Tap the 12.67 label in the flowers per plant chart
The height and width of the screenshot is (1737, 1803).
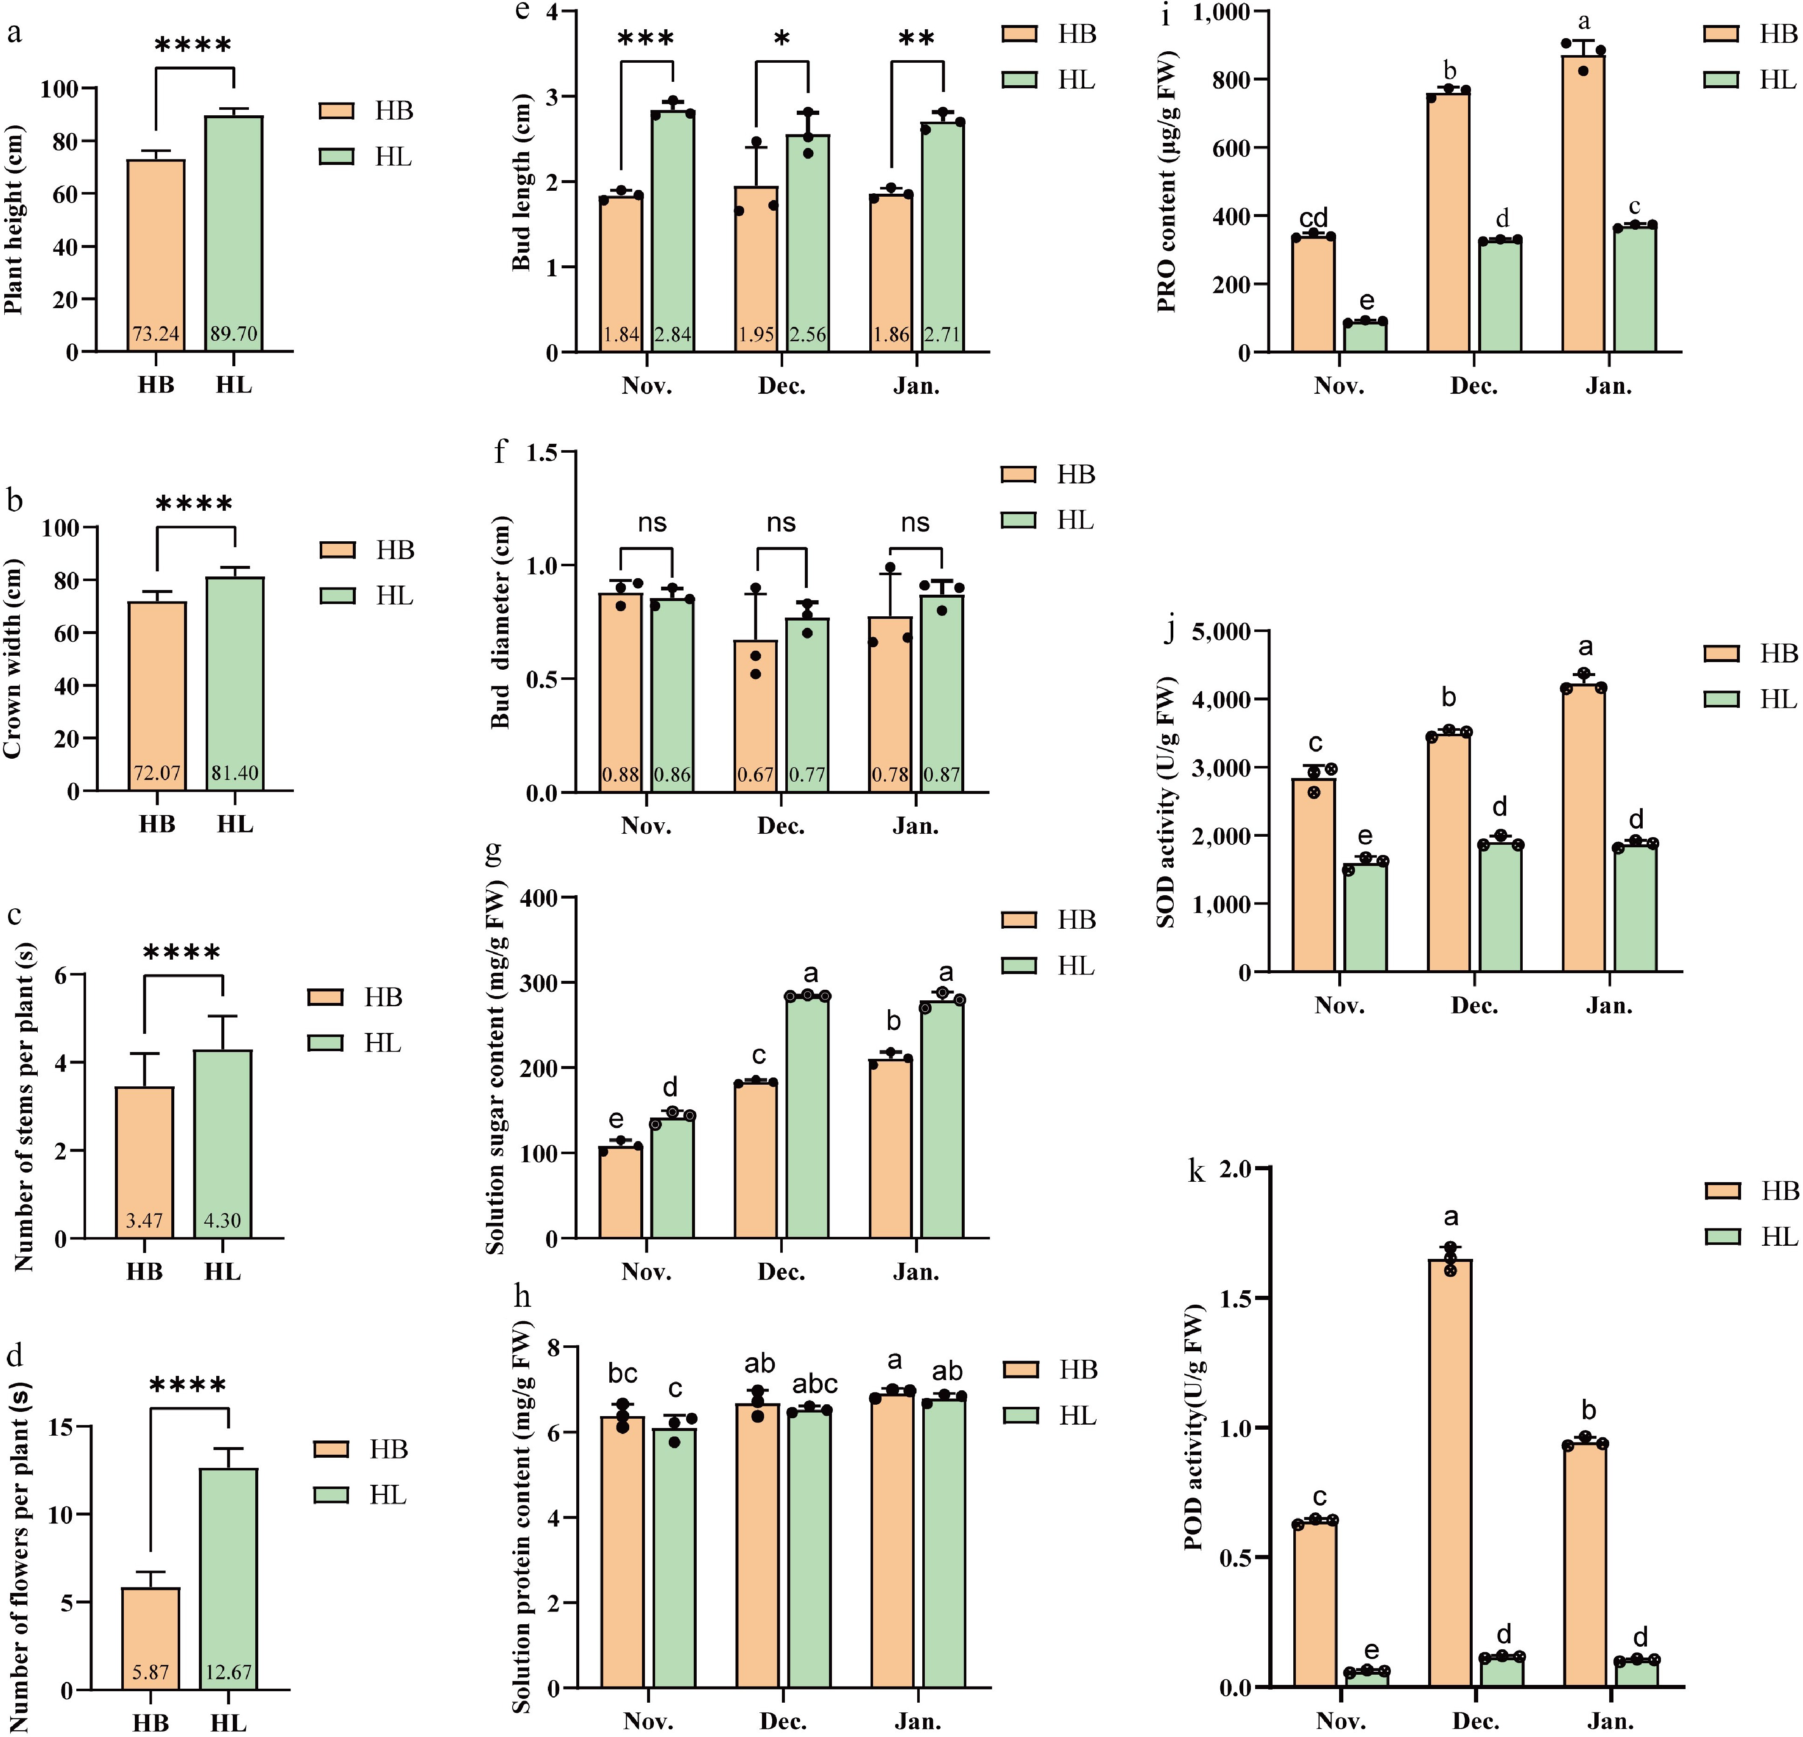pyautogui.click(x=228, y=1672)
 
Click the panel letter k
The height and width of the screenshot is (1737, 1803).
pyautogui.click(x=1197, y=1173)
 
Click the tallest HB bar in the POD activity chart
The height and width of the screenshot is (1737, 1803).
pyautogui.click(x=1451, y=1471)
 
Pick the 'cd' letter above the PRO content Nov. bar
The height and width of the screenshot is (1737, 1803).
pyautogui.click(x=1314, y=218)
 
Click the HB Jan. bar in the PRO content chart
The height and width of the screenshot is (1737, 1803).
pyautogui.click(x=1583, y=202)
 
